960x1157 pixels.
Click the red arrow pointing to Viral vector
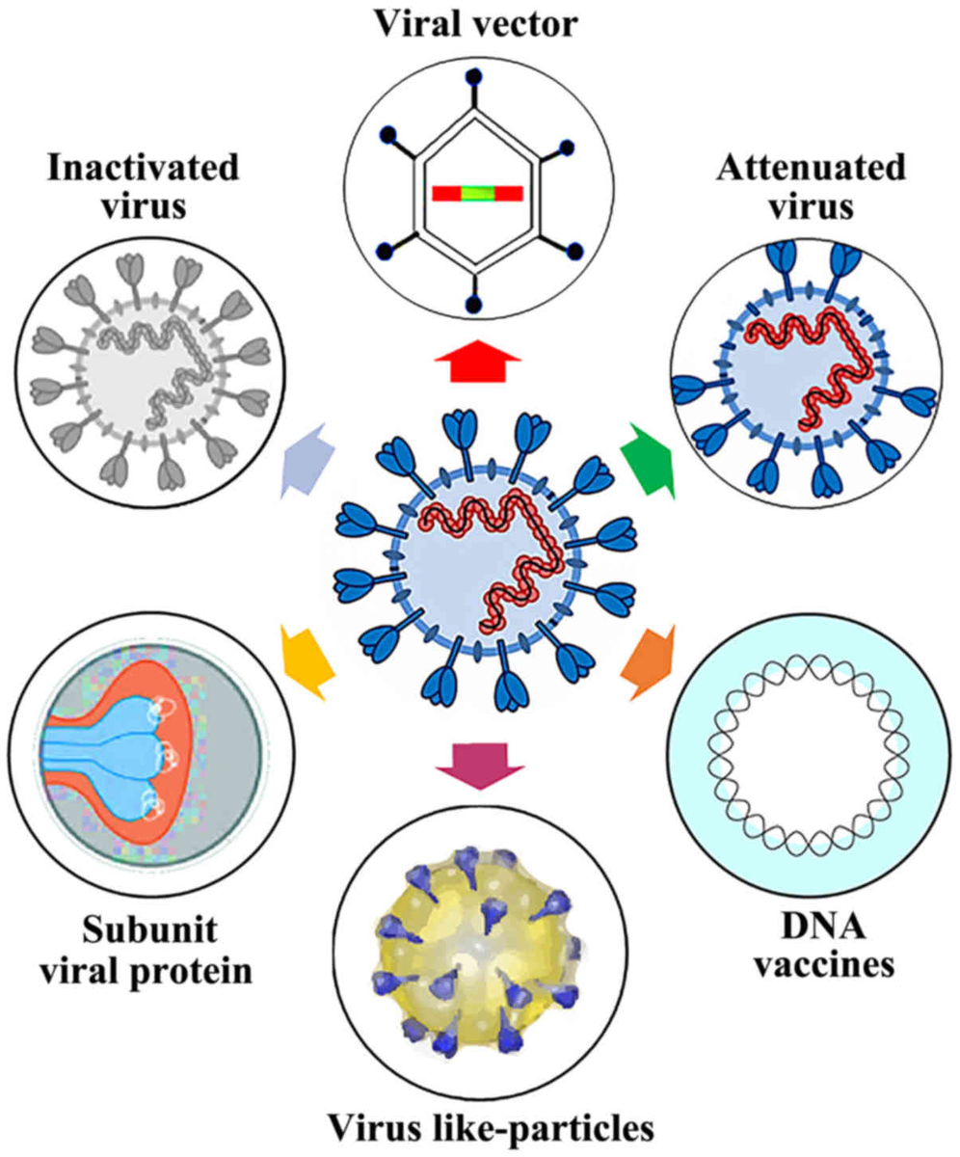[478, 365]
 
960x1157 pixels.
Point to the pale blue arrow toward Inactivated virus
[304, 464]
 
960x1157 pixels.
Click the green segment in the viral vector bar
[478, 193]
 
